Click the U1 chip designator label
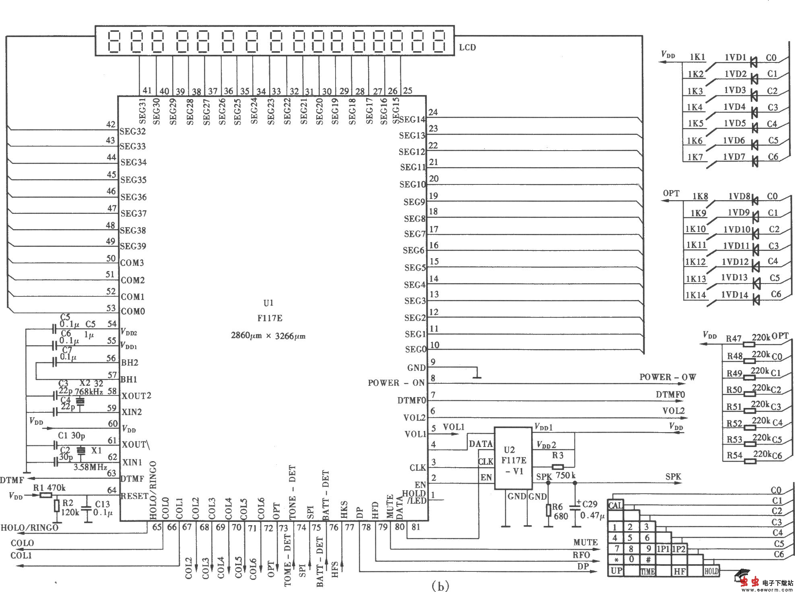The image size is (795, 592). tap(268, 303)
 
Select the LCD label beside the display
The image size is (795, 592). tap(468, 48)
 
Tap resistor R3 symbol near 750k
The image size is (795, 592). tap(558, 467)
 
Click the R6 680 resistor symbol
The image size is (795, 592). tap(548, 511)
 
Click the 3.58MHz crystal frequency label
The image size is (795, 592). tap(90, 467)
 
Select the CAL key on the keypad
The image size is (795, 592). tap(615, 505)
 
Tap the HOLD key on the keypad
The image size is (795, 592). tap(711, 571)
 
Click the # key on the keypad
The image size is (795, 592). tap(648, 560)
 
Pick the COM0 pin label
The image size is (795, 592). tap(133, 311)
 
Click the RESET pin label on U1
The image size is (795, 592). tap(135, 496)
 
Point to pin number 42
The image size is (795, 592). tap(111, 124)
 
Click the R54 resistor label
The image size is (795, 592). tap(734, 456)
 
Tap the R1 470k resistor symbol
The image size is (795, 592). tap(45, 495)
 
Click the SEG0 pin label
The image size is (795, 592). tap(416, 350)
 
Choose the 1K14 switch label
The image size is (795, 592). tap(696, 295)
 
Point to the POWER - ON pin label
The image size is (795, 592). tap(396, 383)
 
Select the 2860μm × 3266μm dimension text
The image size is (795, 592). tap(268, 335)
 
